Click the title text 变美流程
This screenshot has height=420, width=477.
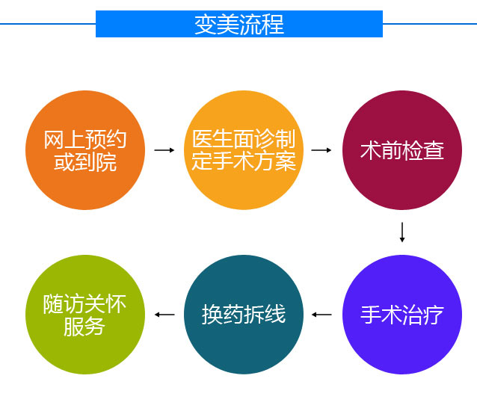pyautogui.click(x=239, y=25)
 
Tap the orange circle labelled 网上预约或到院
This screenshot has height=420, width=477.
pyautogui.click(x=85, y=150)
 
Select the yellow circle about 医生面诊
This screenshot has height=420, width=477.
pyautogui.click(x=244, y=150)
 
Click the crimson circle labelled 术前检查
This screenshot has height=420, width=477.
pyautogui.click(x=402, y=150)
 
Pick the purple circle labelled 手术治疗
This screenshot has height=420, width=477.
pyautogui.click(x=402, y=315)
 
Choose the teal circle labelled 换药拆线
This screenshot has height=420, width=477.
pyautogui.click(x=244, y=315)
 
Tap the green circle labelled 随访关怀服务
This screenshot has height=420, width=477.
pyautogui.click(x=85, y=315)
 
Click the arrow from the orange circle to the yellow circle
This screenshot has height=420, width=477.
pyautogui.click(x=164, y=150)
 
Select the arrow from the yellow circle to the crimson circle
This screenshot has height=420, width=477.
pyautogui.click(x=321, y=150)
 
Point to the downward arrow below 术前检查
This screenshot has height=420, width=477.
pyautogui.click(x=402, y=232)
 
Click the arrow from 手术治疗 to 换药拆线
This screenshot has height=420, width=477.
pyautogui.click(x=321, y=315)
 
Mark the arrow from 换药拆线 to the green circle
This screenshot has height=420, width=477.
pyautogui.click(x=164, y=315)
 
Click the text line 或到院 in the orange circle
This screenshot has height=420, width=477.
pyautogui.click(x=85, y=161)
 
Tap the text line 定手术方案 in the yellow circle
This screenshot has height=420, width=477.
pyautogui.click(x=244, y=161)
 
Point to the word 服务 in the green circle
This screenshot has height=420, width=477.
pyautogui.click(x=84, y=327)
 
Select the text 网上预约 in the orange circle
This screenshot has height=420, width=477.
pyautogui.click(x=85, y=140)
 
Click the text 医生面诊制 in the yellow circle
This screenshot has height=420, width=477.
pyautogui.click(x=244, y=139)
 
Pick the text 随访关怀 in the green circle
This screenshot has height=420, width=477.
pyautogui.click(x=84, y=304)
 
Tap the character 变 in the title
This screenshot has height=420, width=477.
pyautogui.click(x=206, y=25)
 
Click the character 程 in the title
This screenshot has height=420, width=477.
pyautogui.click(x=273, y=25)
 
